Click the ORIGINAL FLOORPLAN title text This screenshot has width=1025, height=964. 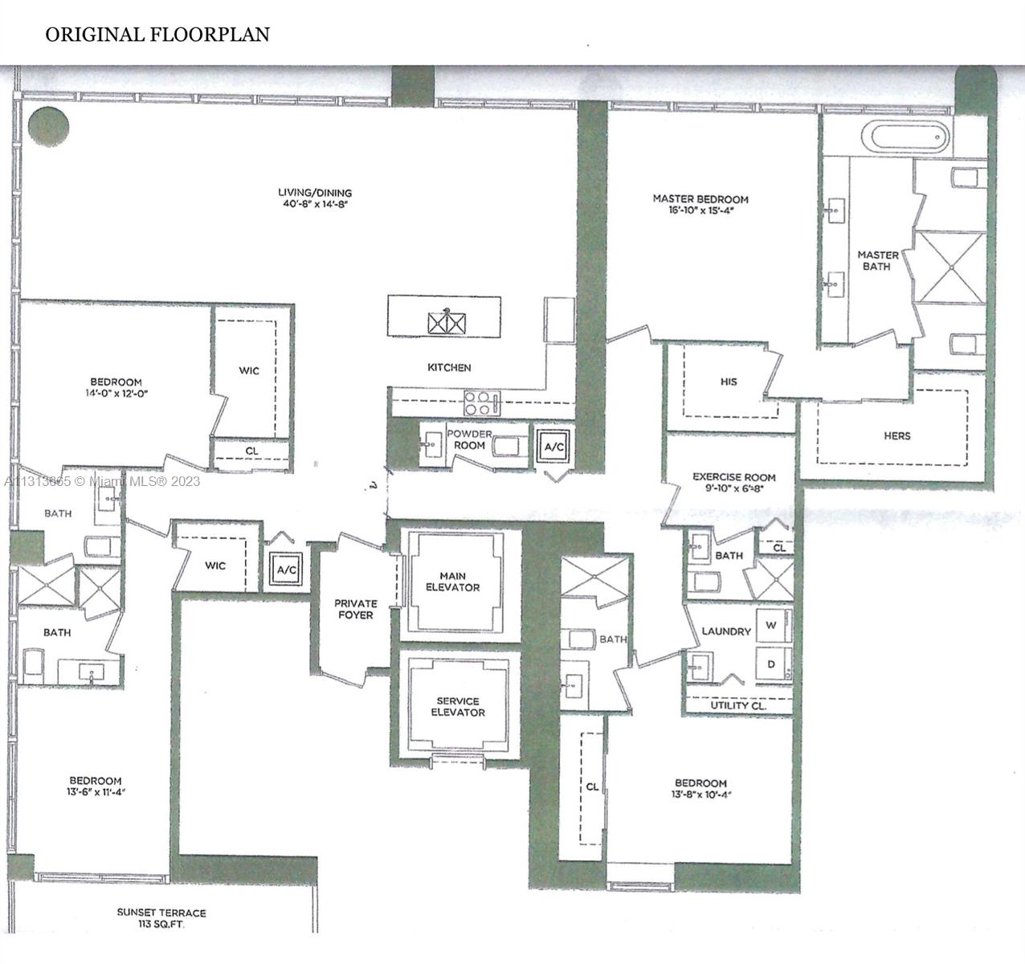(x=157, y=35)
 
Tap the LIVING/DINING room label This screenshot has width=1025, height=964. (x=315, y=193)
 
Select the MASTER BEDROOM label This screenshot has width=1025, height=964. (x=700, y=199)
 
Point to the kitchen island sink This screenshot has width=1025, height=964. (x=447, y=323)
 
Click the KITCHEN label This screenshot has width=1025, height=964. (x=449, y=367)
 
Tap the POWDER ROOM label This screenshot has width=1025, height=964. (x=469, y=439)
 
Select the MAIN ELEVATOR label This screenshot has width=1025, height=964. (x=459, y=582)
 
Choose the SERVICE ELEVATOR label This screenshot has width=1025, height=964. (x=458, y=707)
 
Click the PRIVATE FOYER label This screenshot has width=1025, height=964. (x=355, y=609)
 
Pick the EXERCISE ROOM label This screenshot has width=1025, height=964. (x=734, y=477)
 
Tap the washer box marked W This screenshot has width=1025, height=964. (x=771, y=625)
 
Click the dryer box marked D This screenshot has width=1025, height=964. (x=771, y=664)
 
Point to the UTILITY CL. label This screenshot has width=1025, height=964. (x=737, y=705)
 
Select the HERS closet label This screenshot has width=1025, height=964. (x=896, y=435)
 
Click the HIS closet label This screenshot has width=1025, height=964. (x=729, y=382)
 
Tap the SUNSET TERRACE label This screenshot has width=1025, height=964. (x=161, y=913)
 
